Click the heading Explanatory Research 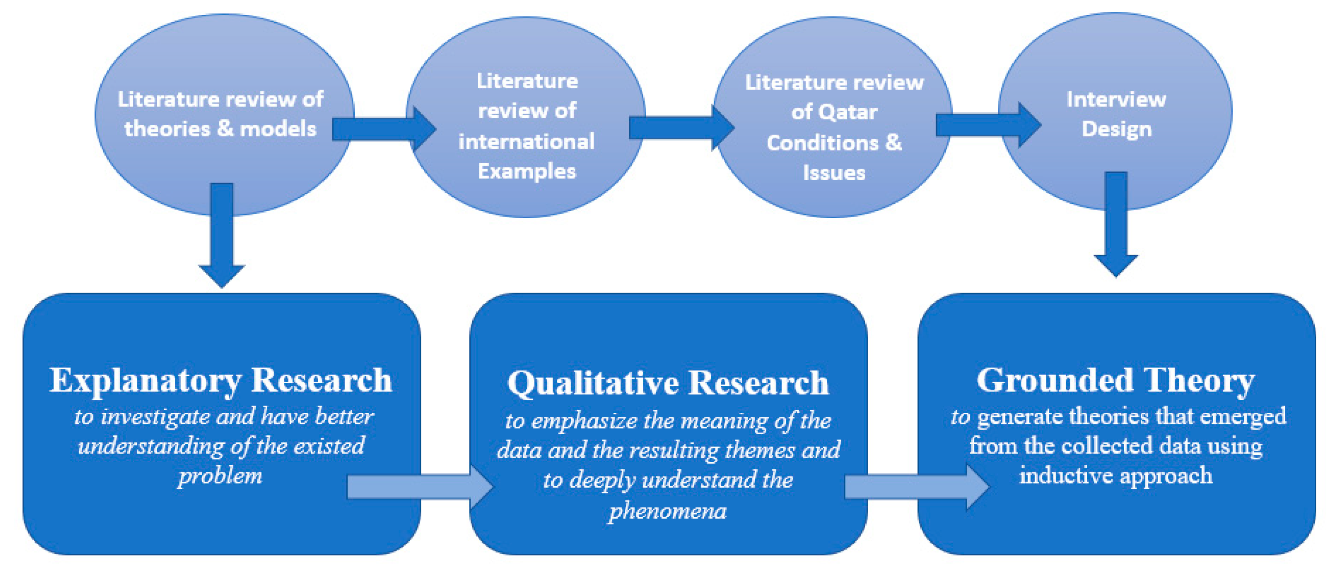pos(221,380)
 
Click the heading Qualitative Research pos(668,383)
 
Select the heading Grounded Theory pos(1116,380)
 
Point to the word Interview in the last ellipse pos(1116,99)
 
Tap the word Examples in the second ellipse pos(527,171)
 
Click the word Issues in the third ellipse pos(834,173)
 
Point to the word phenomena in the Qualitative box pos(667,511)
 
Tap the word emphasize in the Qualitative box pos(584,420)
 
